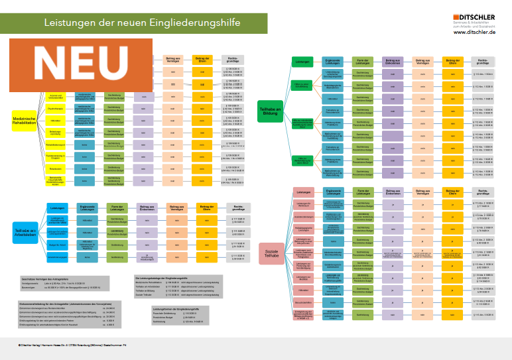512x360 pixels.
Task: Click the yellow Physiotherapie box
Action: (56, 109)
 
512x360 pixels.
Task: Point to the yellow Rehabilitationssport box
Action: (56, 144)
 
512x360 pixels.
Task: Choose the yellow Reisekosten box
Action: (56, 168)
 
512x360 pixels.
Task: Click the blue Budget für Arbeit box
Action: (56, 245)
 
